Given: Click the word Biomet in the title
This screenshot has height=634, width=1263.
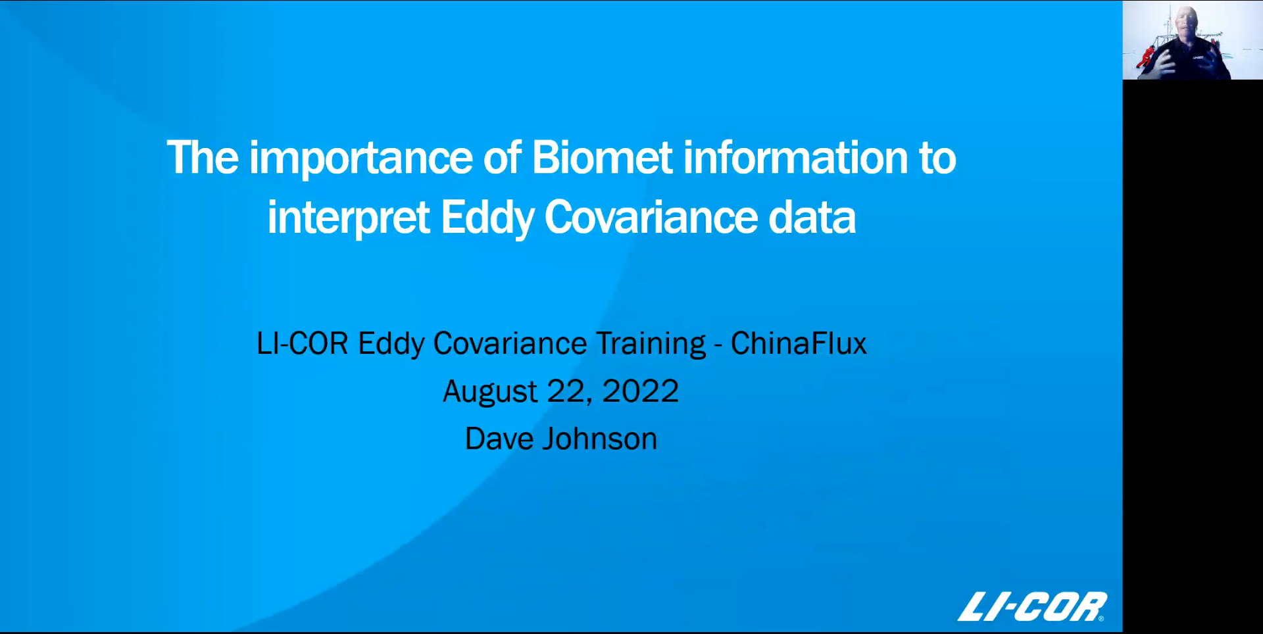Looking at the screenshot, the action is point(601,158).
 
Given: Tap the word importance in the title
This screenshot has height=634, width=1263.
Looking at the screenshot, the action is point(360,159).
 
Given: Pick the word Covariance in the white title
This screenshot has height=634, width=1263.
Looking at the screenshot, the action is point(651,218).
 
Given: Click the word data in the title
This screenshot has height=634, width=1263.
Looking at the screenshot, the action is point(812,218).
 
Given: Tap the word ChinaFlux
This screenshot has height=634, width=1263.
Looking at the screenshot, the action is point(799,343).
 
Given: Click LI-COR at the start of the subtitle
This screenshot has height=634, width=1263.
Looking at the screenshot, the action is point(302,343).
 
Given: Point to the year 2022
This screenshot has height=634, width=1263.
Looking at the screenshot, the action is point(640,391).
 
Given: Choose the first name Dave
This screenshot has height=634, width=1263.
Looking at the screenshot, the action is point(499,439).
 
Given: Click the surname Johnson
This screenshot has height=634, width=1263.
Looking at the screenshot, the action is point(599,439).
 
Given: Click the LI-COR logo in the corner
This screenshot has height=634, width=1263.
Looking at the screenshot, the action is point(1031,606).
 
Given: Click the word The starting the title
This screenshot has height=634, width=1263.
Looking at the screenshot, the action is point(202,158).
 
